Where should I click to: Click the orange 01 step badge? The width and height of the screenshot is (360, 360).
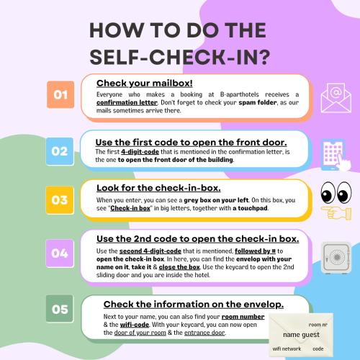(60, 94)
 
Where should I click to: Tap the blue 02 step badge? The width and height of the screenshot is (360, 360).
(60, 151)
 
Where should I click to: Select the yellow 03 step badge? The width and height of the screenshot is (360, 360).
(60, 200)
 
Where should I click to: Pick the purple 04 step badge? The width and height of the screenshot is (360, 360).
(60, 253)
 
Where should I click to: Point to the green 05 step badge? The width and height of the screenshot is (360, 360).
(60, 309)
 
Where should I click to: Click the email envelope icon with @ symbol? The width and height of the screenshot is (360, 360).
(336, 98)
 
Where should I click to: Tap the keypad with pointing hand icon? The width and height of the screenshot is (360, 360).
(336, 155)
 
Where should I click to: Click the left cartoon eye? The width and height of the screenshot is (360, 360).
(328, 192)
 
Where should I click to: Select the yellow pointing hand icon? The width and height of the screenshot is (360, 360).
(336, 212)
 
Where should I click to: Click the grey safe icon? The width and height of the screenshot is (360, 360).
(336, 258)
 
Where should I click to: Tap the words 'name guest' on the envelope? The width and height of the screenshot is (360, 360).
(301, 335)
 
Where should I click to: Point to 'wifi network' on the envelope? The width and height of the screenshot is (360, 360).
(287, 348)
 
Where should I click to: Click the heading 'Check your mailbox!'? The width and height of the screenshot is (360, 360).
(145, 84)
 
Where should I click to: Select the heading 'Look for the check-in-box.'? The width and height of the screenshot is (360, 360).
(158, 188)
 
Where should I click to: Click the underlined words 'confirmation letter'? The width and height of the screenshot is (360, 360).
(127, 102)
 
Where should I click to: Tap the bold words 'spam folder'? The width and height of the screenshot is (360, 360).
(258, 102)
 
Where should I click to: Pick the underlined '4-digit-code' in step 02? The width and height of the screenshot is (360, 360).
(140, 152)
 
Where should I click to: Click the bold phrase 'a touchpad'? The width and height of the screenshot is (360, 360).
(250, 208)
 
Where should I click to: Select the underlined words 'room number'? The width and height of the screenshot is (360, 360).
(243, 317)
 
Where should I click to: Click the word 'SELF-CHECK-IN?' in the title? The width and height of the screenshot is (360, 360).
(180, 58)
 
